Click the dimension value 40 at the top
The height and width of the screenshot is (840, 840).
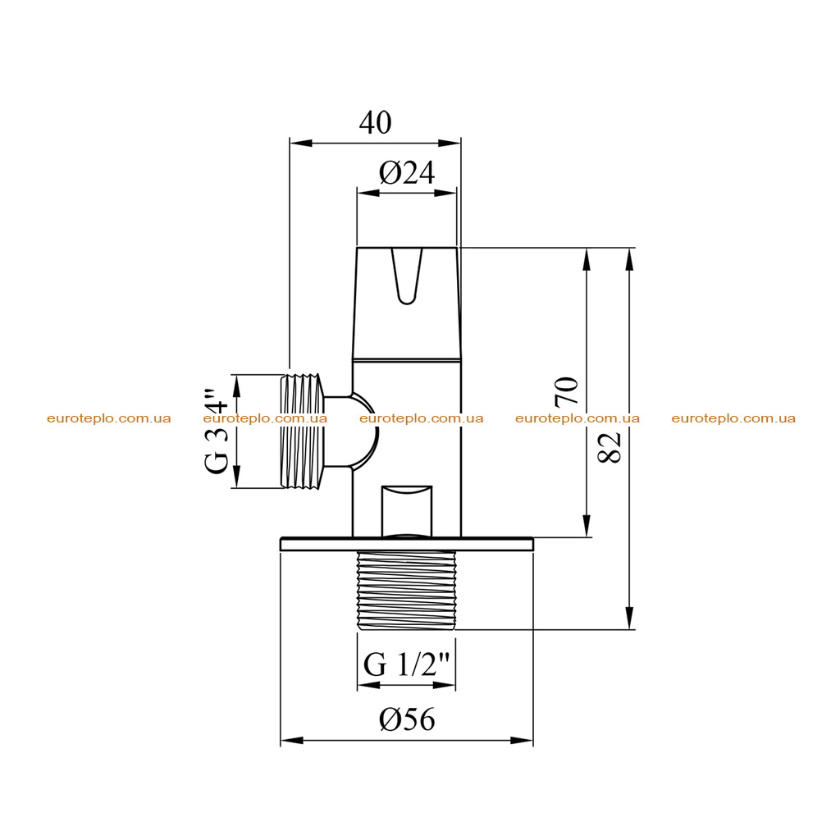pyautogui.click(x=375, y=123)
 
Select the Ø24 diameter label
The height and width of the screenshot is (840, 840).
pyautogui.click(x=407, y=173)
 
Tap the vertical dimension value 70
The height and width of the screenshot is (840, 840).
pyautogui.click(x=567, y=391)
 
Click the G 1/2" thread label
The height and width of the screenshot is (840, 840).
pyautogui.click(x=406, y=664)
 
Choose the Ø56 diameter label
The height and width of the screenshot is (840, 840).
pyautogui.click(x=407, y=719)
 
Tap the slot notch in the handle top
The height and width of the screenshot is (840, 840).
pyautogui.click(x=407, y=276)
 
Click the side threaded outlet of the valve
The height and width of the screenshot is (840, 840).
pyautogui.click(x=304, y=431)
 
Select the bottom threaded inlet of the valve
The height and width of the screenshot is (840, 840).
pyautogui.click(x=406, y=590)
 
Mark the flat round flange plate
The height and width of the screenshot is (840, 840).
pyautogui.click(x=407, y=544)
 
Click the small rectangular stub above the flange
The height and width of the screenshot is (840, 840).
pyautogui.click(x=406, y=511)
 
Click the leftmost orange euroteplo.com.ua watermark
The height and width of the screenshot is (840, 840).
pyautogui.click(x=109, y=418)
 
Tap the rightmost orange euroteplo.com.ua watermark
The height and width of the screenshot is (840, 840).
pyautogui.click(x=733, y=418)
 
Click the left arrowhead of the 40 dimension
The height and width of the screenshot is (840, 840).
pyautogui.click(x=300, y=143)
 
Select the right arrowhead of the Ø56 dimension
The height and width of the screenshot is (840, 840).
pyautogui.click(x=522, y=741)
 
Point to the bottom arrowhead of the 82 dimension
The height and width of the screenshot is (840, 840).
pyautogui.click(x=629, y=619)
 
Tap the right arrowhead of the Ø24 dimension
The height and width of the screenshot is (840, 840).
pyautogui.click(x=445, y=193)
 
